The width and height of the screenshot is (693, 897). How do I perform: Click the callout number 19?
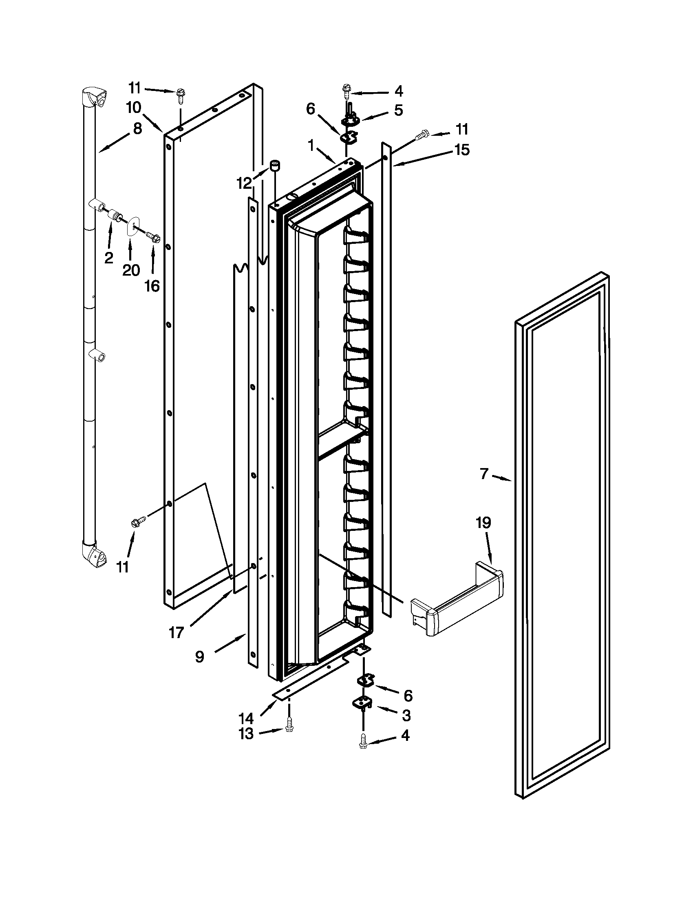pyautogui.click(x=483, y=523)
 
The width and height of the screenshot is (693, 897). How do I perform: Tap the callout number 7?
pyautogui.click(x=484, y=474)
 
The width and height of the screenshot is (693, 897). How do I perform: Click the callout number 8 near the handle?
pyautogui.click(x=137, y=128)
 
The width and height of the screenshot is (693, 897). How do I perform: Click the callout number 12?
pyautogui.click(x=244, y=183)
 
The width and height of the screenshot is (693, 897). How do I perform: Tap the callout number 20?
pyautogui.click(x=131, y=270)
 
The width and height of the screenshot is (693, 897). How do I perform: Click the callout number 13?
pyautogui.click(x=246, y=734)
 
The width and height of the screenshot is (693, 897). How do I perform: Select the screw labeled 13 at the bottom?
pyautogui.click(x=289, y=729)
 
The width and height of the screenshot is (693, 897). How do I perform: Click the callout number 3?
pyautogui.click(x=406, y=716)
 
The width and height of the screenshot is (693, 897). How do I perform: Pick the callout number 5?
pyautogui.click(x=398, y=111)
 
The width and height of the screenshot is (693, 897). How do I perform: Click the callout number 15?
pyautogui.click(x=462, y=150)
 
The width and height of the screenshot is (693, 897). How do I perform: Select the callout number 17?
pyautogui.click(x=177, y=632)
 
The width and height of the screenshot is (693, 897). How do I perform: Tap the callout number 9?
pyautogui.click(x=199, y=657)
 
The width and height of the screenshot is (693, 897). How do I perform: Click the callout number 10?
pyautogui.click(x=134, y=108)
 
